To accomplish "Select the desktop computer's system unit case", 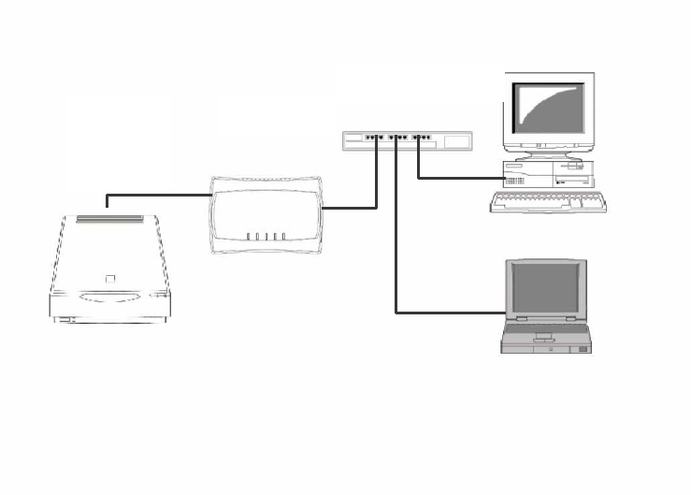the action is [x=549, y=175].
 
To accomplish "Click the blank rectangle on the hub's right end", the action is [x=456, y=142].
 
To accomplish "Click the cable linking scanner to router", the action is [x=159, y=196].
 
